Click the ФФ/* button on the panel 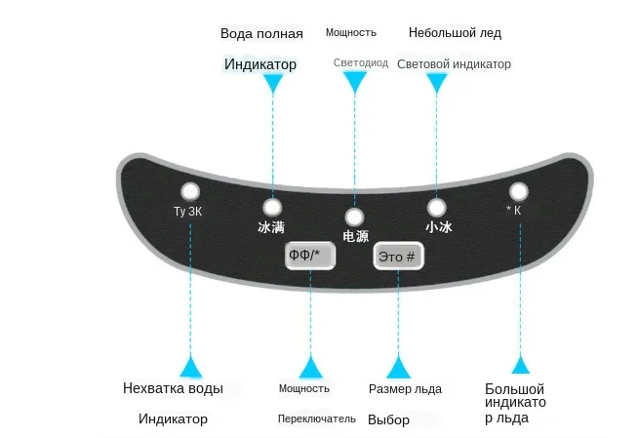pyautogui.click(x=310, y=256)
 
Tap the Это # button pyautogui.click(x=398, y=256)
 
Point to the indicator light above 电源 pyautogui.click(x=354, y=216)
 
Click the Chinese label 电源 pyautogui.click(x=355, y=236)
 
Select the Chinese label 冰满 pyautogui.click(x=271, y=227)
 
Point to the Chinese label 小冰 pyautogui.click(x=438, y=227)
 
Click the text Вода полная pyautogui.click(x=261, y=33)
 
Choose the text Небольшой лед pyautogui.click(x=455, y=33)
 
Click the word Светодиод pyautogui.click(x=360, y=63)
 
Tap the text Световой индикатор pyautogui.click(x=454, y=64)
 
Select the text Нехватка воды pyautogui.click(x=173, y=388)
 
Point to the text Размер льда pyautogui.click(x=405, y=389)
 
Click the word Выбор pyautogui.click(x=388, y=420)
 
